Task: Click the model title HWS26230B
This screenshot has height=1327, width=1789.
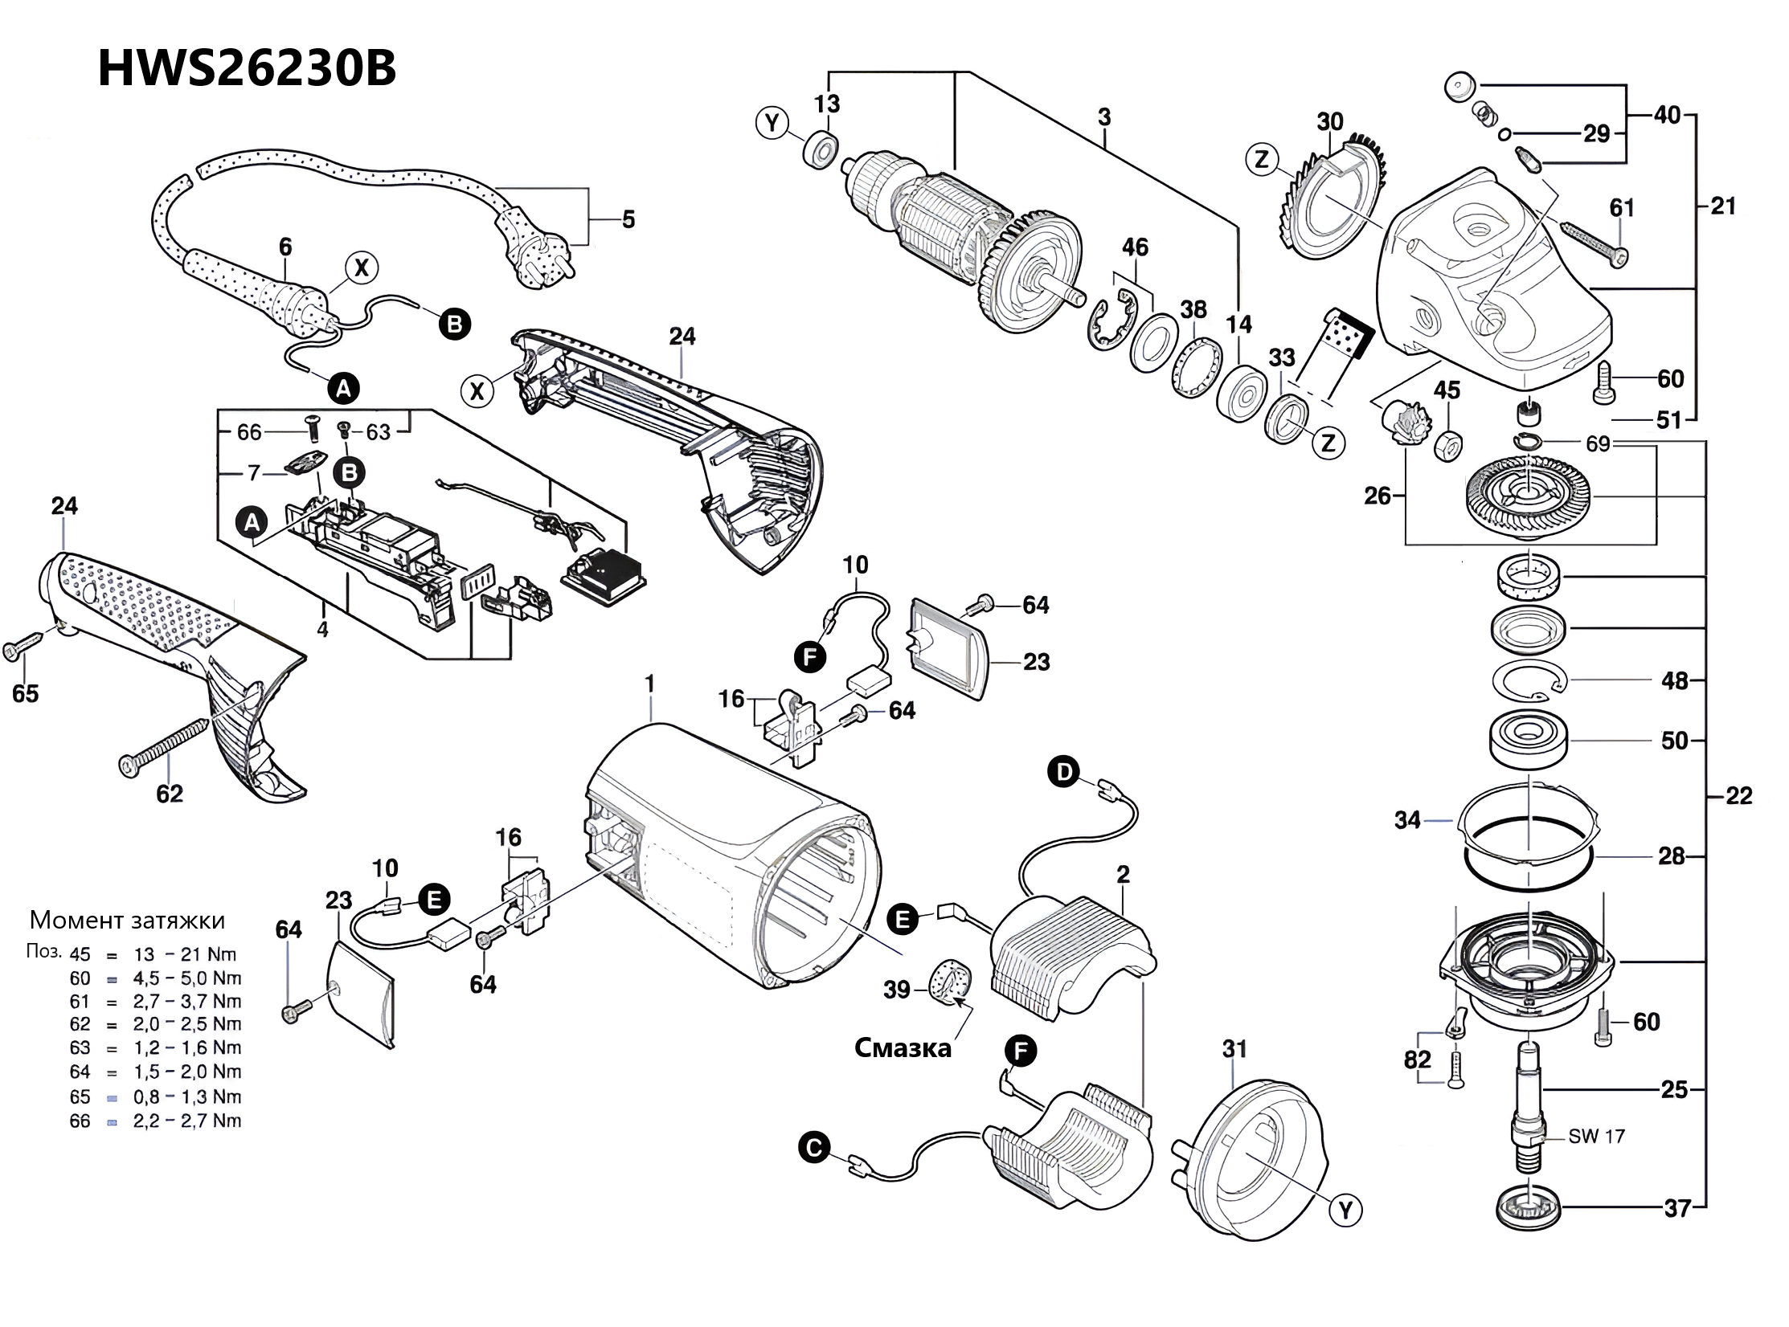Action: pos(247,69)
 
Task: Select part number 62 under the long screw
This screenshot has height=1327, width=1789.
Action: pos(170,794)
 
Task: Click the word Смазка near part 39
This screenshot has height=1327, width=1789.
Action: pos(903,1047)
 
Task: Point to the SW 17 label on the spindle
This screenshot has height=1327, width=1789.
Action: pos(1596,1136)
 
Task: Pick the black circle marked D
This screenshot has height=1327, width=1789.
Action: pos(1064,773)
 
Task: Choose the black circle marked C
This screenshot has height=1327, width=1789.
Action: pos(814,1148)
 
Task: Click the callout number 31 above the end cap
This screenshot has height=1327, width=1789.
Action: pos(1234,1048)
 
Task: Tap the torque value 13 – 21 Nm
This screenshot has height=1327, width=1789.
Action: pos(185,954)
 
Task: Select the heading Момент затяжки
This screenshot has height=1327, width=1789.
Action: pos(127,920)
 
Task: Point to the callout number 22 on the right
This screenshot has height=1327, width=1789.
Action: pos(1738,795)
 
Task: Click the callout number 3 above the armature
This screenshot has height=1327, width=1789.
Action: pos(1104,117)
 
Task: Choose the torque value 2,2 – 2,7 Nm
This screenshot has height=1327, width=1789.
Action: pos(187,1121)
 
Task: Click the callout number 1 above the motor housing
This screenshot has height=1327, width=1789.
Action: pos(649,684)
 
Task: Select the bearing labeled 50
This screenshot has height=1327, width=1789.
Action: pos(1529,741)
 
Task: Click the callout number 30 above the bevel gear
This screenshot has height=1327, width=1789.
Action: pos(1330,121)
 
